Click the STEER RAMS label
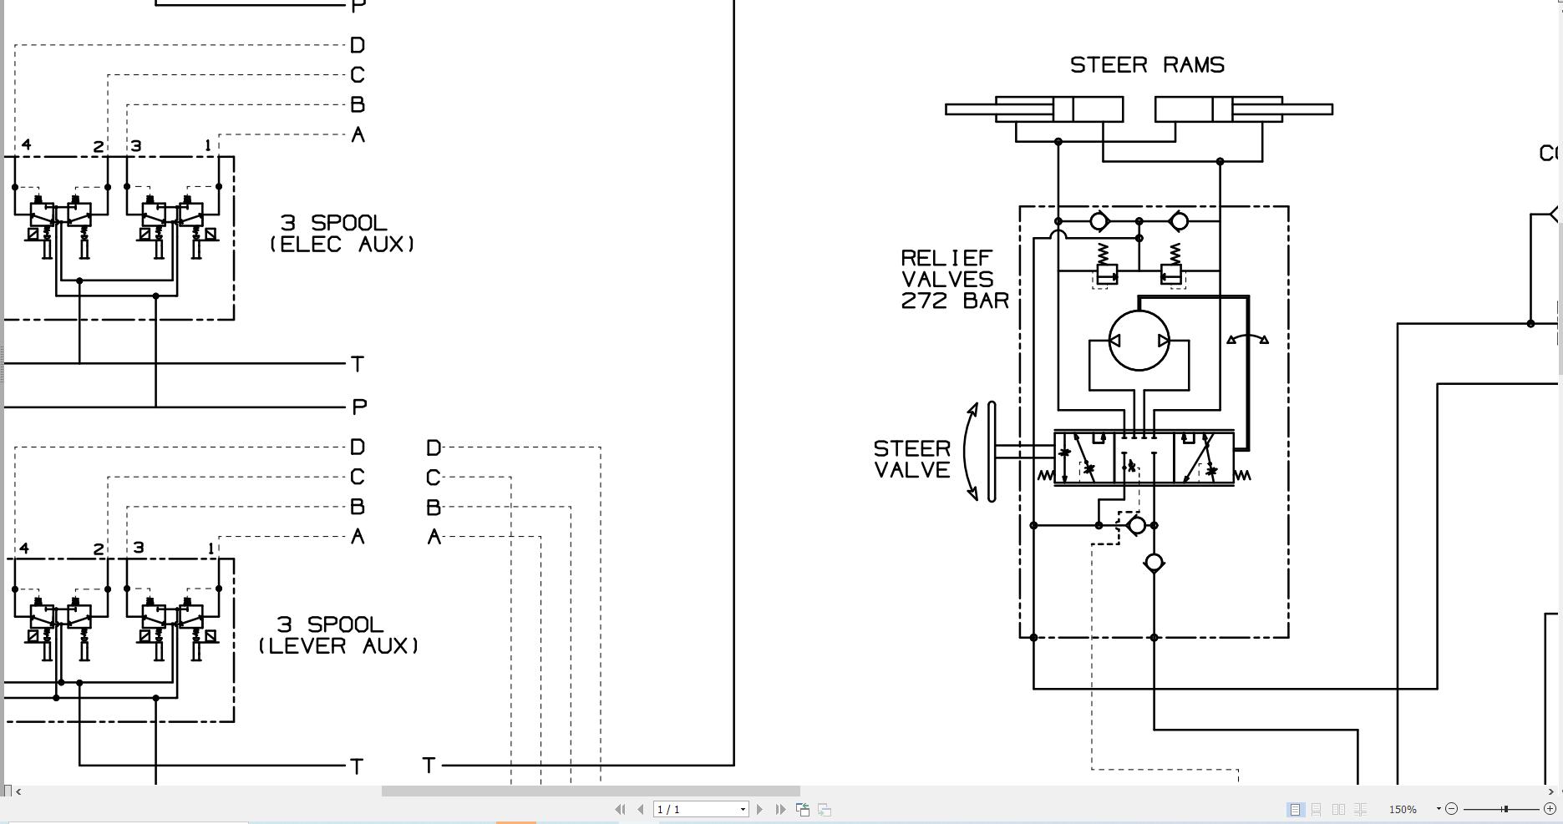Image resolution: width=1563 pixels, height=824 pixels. (x=1147, y=65)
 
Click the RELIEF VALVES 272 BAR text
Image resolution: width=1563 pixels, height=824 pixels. (x=954, y=279)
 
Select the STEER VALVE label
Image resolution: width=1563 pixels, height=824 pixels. (x=911, y=459)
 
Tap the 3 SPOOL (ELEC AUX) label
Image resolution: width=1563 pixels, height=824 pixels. (x=342, y=233)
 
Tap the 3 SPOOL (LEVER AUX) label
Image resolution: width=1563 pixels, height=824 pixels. (x=338, y=634)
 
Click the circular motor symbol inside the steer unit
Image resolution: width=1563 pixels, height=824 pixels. (x=1139, y=341)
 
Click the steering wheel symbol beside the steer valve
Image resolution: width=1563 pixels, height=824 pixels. (x=991, y=452)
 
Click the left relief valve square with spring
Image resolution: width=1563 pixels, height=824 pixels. (x=1106, y=273)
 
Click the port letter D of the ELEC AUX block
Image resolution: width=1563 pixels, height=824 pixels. (x=358, y=45)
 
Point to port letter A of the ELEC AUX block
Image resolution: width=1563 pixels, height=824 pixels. (x=358, y=134)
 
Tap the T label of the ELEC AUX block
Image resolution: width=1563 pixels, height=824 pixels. (x=358, y=364)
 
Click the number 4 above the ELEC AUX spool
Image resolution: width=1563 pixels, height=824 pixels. (x=26, y=145)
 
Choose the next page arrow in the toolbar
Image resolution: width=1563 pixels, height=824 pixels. (x=759, y=809)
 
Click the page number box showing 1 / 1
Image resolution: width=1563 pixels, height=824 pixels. (x=700, y=809)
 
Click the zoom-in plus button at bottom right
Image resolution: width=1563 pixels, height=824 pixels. (x=1550, y=808)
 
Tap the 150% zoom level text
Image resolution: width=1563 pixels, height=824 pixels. (x=1403, y=809)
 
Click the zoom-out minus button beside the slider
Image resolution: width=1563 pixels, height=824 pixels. (x=1451, y=808)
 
